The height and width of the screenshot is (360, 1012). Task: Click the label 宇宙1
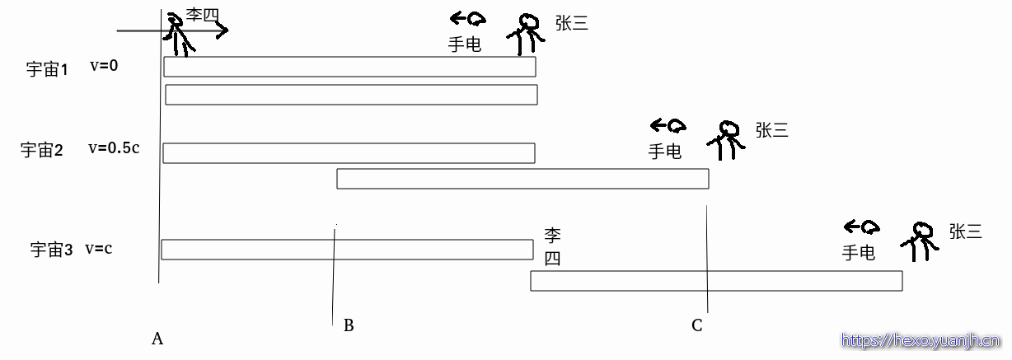pyautogui.click(x=47, y=69)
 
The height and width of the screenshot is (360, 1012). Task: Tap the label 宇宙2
pyautogui.click(x=41, y=149)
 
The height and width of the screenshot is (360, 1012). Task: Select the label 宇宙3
pyautogui.click(x=51, y=250)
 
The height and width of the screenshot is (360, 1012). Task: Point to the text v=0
pyautogui.click(x=104, y=66)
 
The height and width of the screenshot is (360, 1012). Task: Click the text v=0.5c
pyautogui.click(x=114, y=147)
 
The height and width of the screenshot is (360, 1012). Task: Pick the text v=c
pyautogui.click(x=99, y=249)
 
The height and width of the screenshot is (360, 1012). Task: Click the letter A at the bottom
pyautogui.click(x=157, y=339)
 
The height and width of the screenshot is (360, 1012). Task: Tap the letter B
pyautogui.click(x=349, y=325)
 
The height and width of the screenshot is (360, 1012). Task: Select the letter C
pyautogui.click(x=696, y=325)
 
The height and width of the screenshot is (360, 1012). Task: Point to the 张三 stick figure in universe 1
pyautogui.click(x=526, y=35)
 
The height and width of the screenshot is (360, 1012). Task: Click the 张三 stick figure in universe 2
pyautogui.click(x=726, y=140)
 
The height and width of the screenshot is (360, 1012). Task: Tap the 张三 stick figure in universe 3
pyautogui.click(x=920, y=241)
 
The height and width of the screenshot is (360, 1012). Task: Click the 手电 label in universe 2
pyautogui.click(x=664, y=152)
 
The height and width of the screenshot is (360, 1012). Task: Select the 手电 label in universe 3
pyautogui.click(x=859, y=253)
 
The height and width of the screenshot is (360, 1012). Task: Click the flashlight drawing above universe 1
pyautogui.click(x=468, y=19)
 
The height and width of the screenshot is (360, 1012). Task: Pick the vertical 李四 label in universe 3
pyautogui.click(x=552, y=246)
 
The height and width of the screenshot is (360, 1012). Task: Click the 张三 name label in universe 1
pyautogui.click(x=572, y=23)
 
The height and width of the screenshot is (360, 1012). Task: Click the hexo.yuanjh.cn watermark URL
pyautogui.click(x=921, y=340)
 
